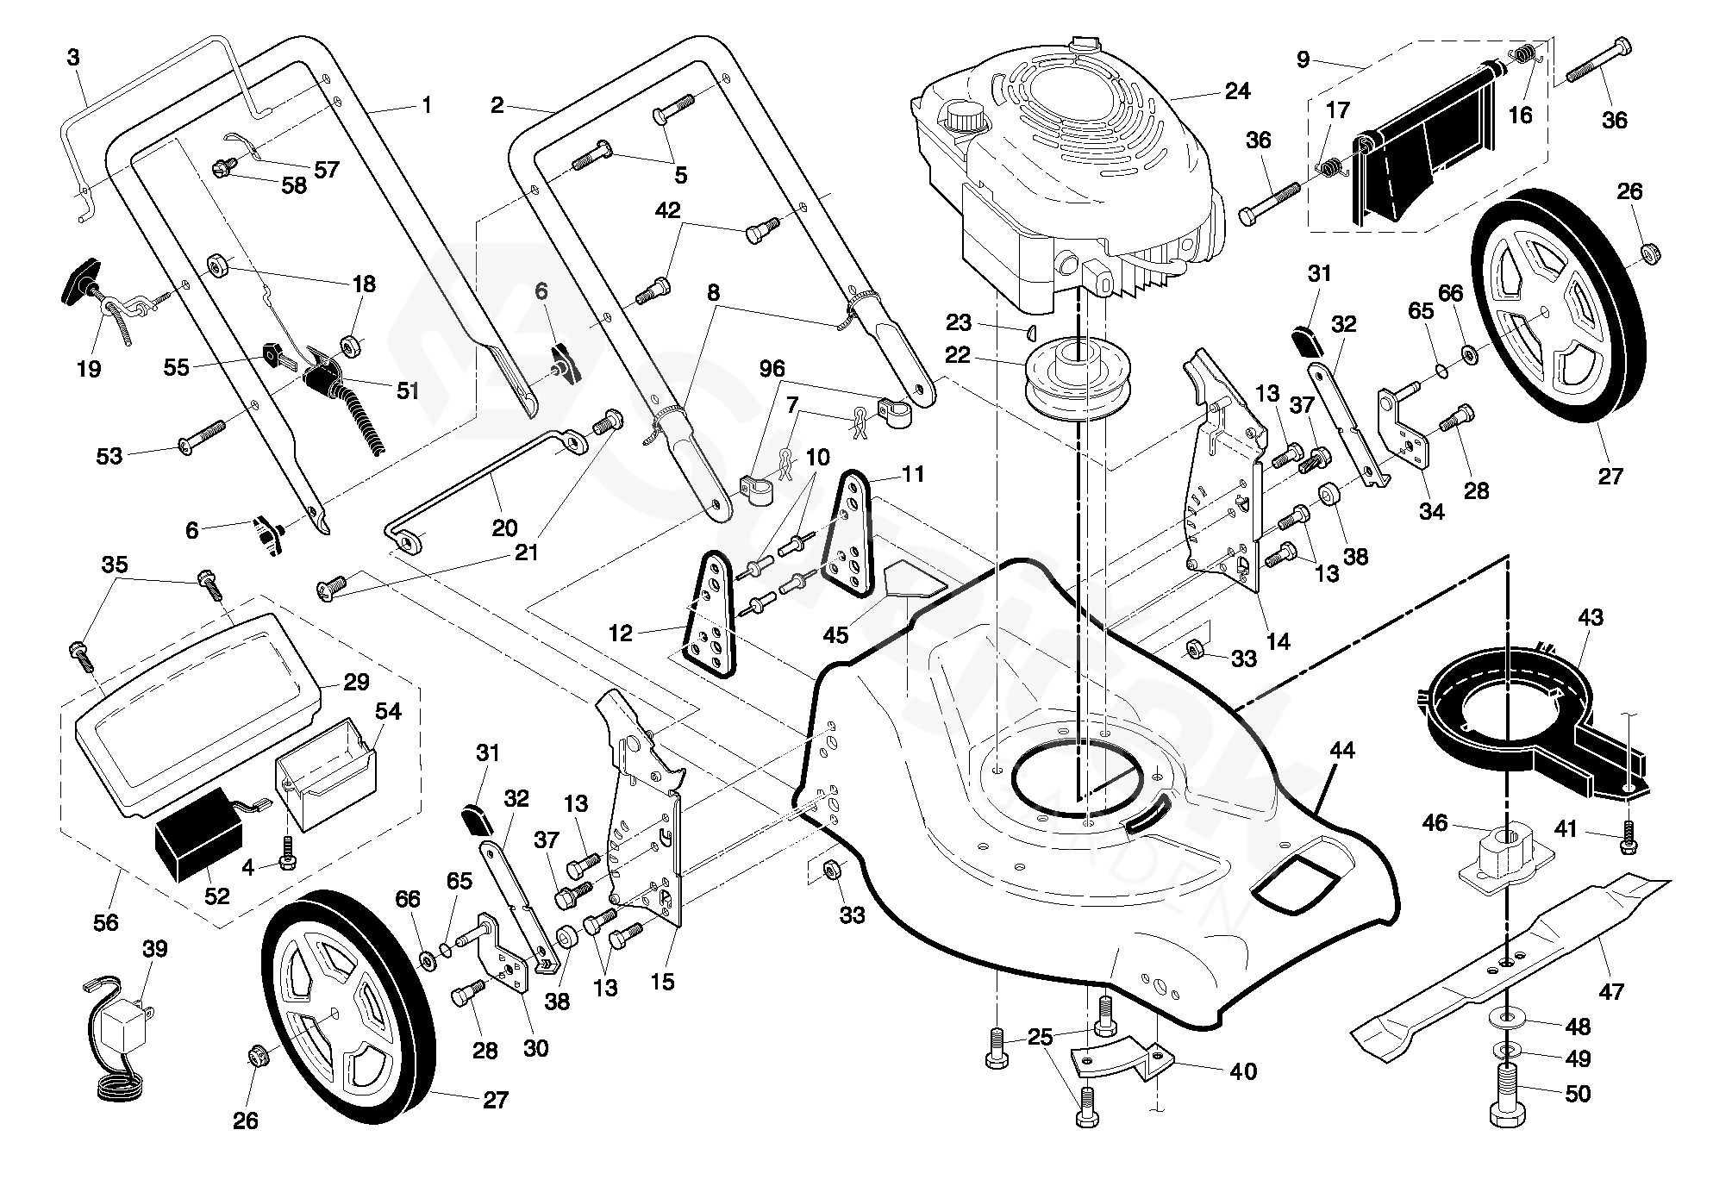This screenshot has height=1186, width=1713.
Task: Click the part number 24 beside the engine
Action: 1237,91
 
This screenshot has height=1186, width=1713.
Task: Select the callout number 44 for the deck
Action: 1342,750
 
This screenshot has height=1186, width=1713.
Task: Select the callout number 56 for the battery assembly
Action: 106,922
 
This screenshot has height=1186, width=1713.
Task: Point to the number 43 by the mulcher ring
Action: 1591,617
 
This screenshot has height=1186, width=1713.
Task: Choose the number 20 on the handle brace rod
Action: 504,527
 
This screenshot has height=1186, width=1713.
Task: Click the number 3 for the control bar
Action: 73,57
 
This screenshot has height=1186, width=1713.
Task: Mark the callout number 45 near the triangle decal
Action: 835,635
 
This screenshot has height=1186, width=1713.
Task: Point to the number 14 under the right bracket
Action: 1278,641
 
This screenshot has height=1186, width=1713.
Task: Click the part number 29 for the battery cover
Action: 356,682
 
